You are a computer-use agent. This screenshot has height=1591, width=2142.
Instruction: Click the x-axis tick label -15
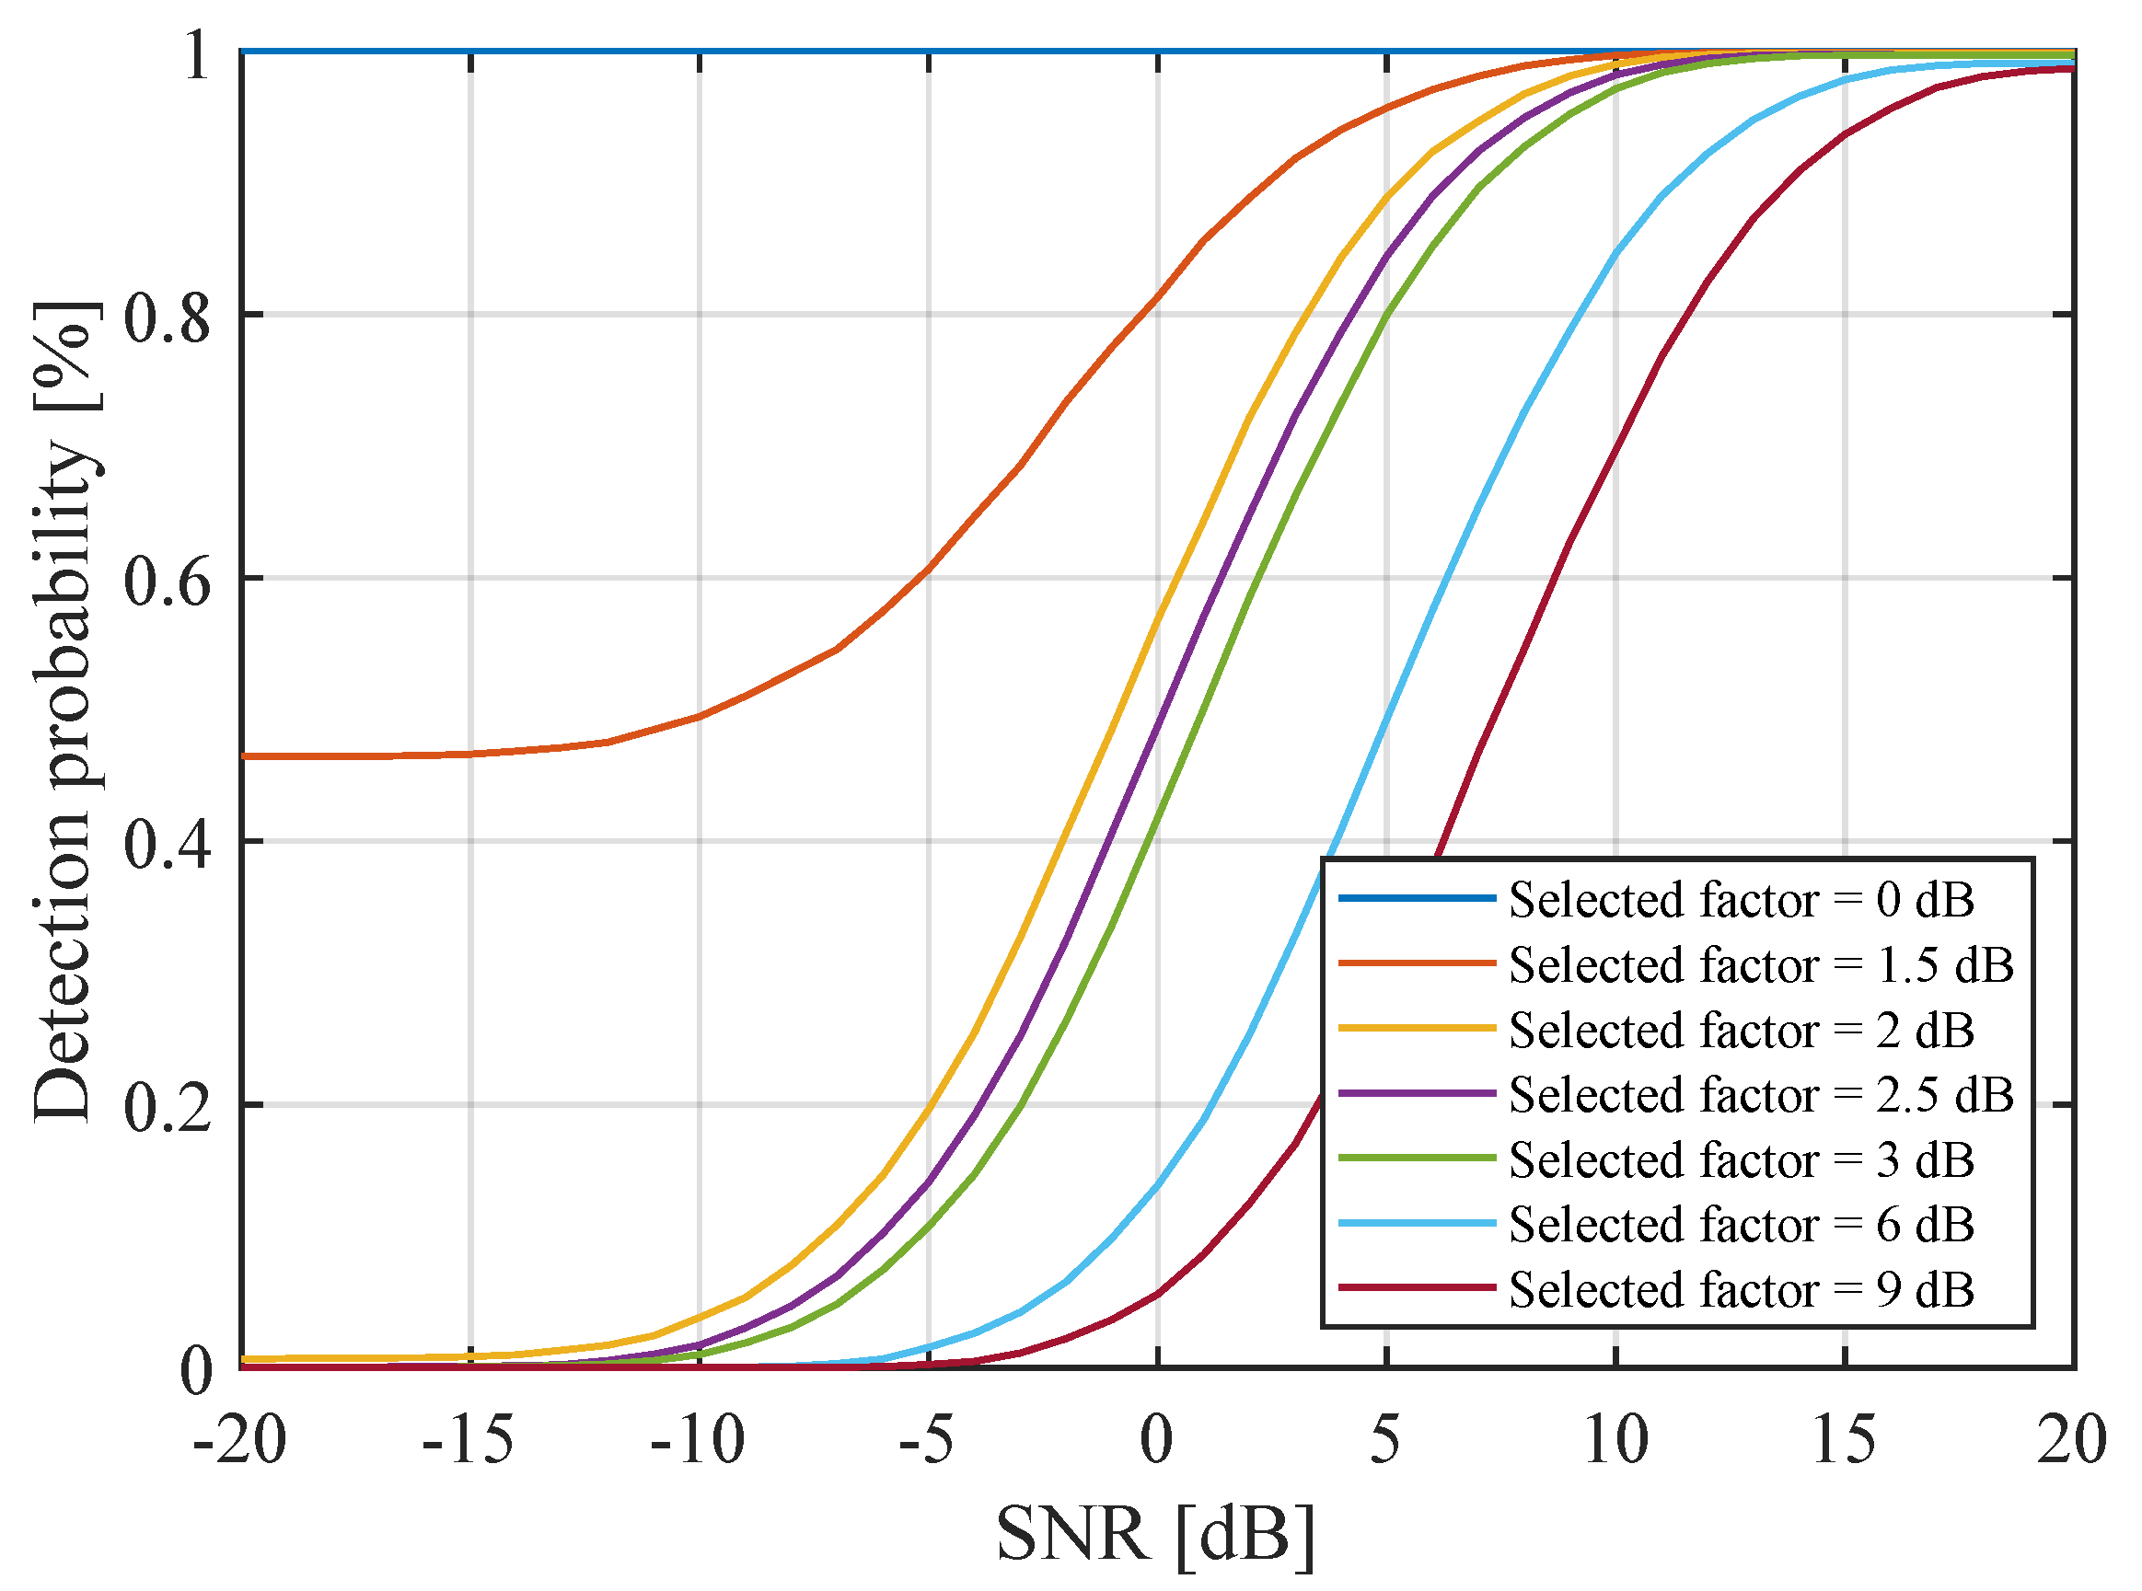point(469,1442)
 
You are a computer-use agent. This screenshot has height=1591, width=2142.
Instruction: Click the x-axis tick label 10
point(1615,1442)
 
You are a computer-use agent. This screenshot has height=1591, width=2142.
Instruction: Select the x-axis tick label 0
point(1157,1442)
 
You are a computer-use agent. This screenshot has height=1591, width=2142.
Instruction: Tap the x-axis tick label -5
point(927,1442)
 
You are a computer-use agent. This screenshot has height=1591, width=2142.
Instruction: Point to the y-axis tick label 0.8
point(167,317)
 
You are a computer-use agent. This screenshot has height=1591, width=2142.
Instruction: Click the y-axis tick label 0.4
point(167,845)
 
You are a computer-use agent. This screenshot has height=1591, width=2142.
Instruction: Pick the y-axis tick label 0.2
point(167,1109)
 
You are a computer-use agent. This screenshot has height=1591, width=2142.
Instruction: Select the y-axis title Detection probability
point(65,712)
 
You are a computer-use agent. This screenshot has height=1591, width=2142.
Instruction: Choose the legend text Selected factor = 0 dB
point(1742,900)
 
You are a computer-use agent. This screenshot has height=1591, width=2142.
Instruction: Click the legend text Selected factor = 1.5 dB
point(1761,965)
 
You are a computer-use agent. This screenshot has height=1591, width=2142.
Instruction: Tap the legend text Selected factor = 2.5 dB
point(1761,1095)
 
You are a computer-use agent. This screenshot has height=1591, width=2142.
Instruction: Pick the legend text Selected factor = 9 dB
point(1742,1289)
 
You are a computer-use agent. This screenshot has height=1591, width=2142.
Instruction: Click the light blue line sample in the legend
point(1417,1224)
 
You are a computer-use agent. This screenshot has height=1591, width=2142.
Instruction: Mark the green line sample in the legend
point(1417,1159)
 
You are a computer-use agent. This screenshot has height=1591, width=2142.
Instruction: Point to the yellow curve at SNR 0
point(1157,617)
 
